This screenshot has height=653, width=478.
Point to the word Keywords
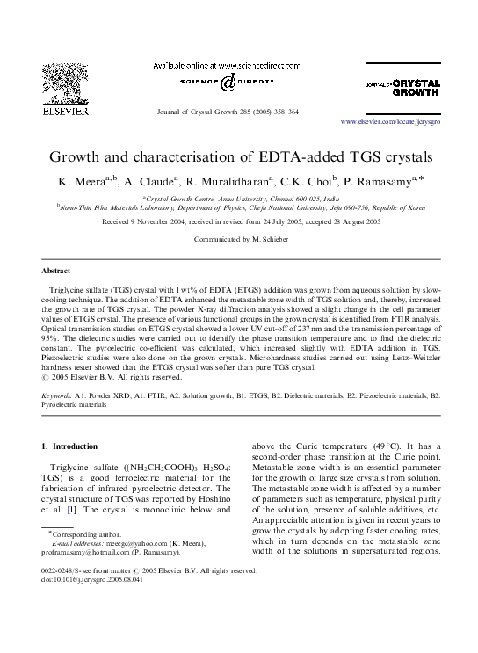(59, 397)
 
